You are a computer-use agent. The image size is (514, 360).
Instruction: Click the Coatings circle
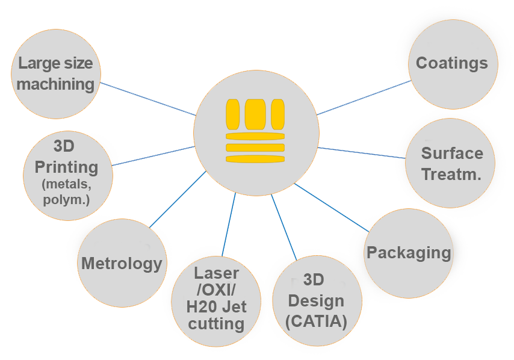tap(453, 64)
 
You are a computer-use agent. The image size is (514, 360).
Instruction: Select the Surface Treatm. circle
tap(451, 163)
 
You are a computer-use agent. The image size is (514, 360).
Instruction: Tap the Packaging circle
tap(409, 253)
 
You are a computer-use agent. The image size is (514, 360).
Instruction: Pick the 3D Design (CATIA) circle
tap(317, 301)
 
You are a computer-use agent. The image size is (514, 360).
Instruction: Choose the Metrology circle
tap(122, 263)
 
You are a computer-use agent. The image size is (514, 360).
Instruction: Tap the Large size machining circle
tap(56, 73)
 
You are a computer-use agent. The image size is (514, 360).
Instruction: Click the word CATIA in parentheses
tap(317, 321)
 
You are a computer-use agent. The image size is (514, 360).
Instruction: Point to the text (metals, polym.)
tap(66, 192)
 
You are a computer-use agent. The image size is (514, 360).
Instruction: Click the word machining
tap(56, 84)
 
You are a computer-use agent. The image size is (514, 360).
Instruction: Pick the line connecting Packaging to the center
tap(331, 208)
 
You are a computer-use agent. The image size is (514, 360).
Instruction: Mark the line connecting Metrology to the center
tap(178, 199)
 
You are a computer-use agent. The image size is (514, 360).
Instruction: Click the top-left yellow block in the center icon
tap(232, 114)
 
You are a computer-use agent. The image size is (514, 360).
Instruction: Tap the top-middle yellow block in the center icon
tap(255, 114)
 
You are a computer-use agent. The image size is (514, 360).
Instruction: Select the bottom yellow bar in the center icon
tap(255, 159)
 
